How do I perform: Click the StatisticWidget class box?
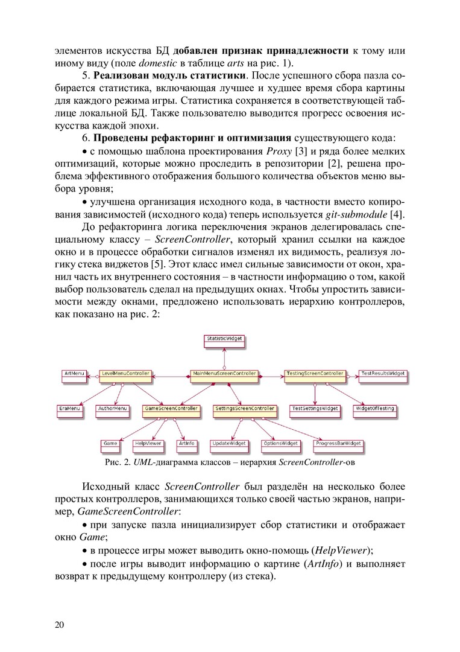[224, 339]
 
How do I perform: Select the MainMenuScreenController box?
[224, 374]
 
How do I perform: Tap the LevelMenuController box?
[125, 374]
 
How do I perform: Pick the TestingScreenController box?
[315, 374]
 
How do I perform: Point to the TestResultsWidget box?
[383, 374]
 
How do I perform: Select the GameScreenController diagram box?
[171, 409]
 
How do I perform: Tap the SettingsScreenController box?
[245, 409]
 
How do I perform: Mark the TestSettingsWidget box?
[315, 409]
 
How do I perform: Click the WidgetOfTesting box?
[374, 409]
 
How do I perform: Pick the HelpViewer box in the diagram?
[148, 444]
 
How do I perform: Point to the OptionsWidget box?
[281, 444]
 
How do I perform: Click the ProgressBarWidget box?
[339, 444]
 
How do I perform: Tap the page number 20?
[59, 624]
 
